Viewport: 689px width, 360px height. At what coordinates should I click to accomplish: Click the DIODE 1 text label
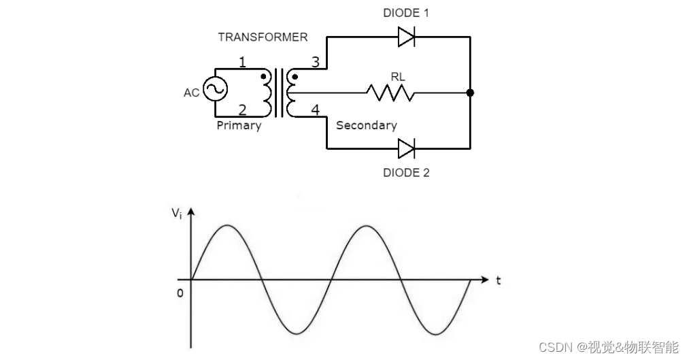coord(406,13)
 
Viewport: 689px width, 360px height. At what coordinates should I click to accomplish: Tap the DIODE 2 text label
coord(406,173)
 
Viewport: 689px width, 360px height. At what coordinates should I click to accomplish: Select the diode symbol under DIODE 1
coord(406,37)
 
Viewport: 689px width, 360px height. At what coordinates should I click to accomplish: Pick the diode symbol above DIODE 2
coord(406,148)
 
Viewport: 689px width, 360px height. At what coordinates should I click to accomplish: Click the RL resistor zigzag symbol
coord(390,93)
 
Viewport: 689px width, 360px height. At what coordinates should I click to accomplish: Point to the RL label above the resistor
coord(398,77)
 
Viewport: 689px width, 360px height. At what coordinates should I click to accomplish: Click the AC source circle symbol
coord(216,89)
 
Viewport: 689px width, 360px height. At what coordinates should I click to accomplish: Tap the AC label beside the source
coord(191,93)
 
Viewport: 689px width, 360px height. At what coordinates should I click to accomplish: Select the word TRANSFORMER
coord(263,37)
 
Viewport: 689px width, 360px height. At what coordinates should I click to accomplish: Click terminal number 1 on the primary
coord(242,63)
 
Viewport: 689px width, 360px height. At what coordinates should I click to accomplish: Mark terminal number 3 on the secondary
coord(315,63)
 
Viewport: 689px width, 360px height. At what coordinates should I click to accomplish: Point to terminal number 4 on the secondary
coord(315,109)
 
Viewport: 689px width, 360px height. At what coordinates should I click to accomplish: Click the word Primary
coord(239,126)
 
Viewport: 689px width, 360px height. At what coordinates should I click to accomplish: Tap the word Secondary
coord(366,126)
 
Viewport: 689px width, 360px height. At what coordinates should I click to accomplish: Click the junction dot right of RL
coord(470,93)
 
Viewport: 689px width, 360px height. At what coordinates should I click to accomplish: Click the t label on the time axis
coord(499,280)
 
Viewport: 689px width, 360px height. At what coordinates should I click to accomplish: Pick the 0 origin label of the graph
coord(180,293)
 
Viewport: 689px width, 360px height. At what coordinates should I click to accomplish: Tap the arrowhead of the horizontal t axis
coord(484,280)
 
